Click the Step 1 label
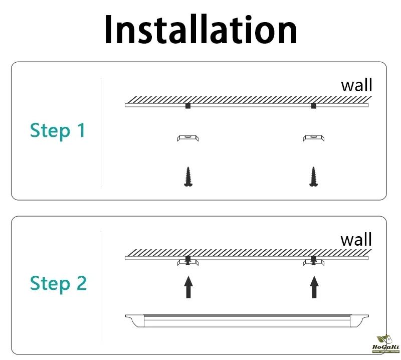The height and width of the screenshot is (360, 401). (x=58, y=130)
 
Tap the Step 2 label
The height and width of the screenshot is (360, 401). (x=58, y=283)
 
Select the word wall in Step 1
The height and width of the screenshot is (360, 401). (x=356, y=85)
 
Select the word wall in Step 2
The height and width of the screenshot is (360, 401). (x=356, y=239)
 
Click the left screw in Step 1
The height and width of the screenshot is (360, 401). (x=188, y=177)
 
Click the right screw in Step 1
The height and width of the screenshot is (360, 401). (x=314, y=177)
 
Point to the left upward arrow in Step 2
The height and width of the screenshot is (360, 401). (x=188, y=288)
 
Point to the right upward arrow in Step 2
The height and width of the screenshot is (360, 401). (x=314, y=288)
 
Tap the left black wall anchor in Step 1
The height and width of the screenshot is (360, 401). (x=187, y=106)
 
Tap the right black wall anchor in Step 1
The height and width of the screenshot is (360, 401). (x=314, y=106)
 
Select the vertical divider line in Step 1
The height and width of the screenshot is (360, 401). (x=101, y=132)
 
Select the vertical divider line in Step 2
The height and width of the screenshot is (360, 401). (x=101, y=286)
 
